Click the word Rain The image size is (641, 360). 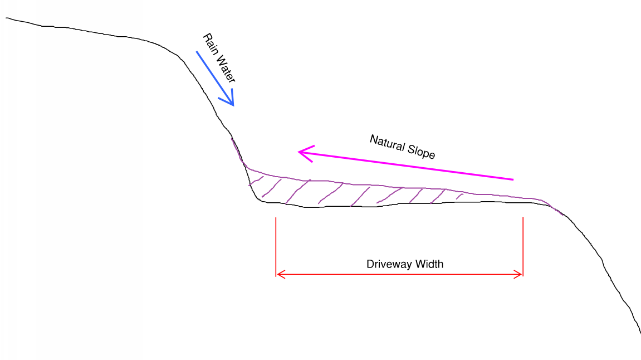click(x=210, y=44)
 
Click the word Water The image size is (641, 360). click(x=225, y=69)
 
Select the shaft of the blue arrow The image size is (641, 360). click(x=214, y=78)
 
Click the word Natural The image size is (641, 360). click(x=387, y=143)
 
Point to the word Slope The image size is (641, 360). click(x=421, y=152)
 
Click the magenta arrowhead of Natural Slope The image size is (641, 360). click(x=306, y=153)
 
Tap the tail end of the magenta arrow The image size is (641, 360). click(x=513, y=179)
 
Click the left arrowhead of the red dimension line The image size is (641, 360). click(x=281, y=274)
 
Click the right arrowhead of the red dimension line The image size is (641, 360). click(x=518, y=274)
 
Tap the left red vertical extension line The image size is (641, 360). click(x=276, y=247)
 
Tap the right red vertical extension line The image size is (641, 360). click(x=523, y=247)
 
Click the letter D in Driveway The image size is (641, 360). click(x=370, y=264)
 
